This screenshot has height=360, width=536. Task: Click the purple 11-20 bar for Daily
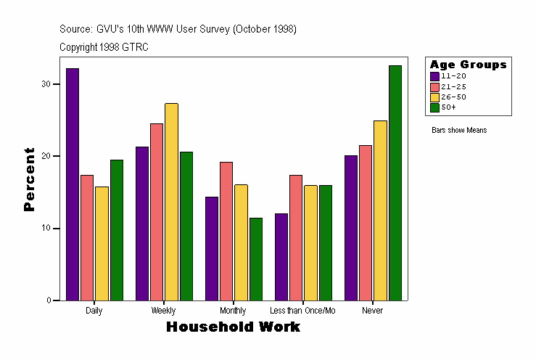click(x=73, y=184)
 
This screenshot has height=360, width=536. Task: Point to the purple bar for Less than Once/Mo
click(x=281, y=257)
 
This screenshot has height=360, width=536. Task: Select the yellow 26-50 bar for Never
click(x=380, y=210)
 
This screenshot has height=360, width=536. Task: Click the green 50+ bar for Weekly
click(x=186, y=226)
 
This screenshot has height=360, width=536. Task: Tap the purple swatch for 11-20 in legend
click(x=434, y=76)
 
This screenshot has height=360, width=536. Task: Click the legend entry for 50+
click(x=448, y=107)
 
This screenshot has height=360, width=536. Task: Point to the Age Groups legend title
click(x=468, y=65)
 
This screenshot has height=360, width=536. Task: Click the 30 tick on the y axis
click(x=46, y=84)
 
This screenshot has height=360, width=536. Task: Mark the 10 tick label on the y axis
click(x=46, y=228)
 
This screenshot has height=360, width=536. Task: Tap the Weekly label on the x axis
click(x=163, y=311)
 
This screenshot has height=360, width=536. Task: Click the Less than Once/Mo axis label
click(x=302, y=311)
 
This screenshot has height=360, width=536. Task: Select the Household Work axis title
click(x=233, y=327)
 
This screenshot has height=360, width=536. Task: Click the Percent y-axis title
click(x=29, y=179)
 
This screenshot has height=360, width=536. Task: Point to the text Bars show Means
click(x=458, y=131)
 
